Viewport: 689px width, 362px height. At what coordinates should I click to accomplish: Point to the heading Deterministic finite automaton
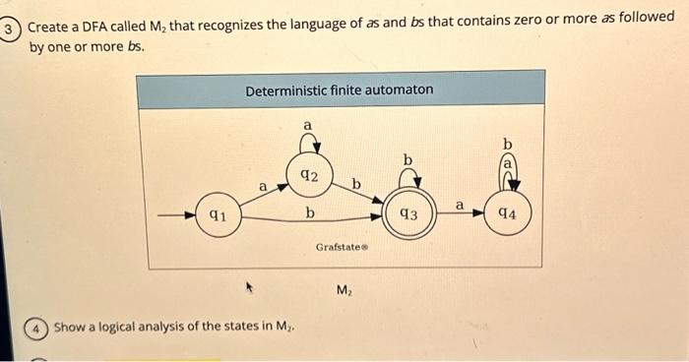[339, 90]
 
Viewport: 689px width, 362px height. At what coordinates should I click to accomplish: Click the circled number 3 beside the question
[9, 30]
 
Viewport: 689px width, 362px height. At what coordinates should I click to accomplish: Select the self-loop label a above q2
[307, 126]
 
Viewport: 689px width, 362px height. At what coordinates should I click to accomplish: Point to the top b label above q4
[508, 146]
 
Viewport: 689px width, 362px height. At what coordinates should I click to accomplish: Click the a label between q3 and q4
[459, 204]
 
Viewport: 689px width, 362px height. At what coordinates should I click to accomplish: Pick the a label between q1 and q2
[263, 186]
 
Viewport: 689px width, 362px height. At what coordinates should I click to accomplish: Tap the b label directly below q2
[309, 211]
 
